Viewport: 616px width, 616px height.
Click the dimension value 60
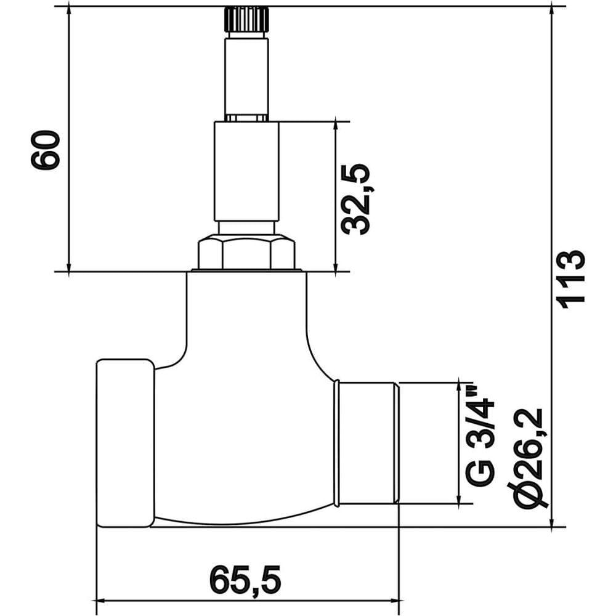(x=45, y=150)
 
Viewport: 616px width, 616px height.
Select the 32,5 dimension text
(x=355, y=199)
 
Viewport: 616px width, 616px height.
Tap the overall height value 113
(x=571, y=278)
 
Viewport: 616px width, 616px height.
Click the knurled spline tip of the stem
(x=246, y=20)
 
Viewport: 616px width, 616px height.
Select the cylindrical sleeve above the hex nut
(x=246, y=171)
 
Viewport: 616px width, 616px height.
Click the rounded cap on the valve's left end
(x=125, y=443)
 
